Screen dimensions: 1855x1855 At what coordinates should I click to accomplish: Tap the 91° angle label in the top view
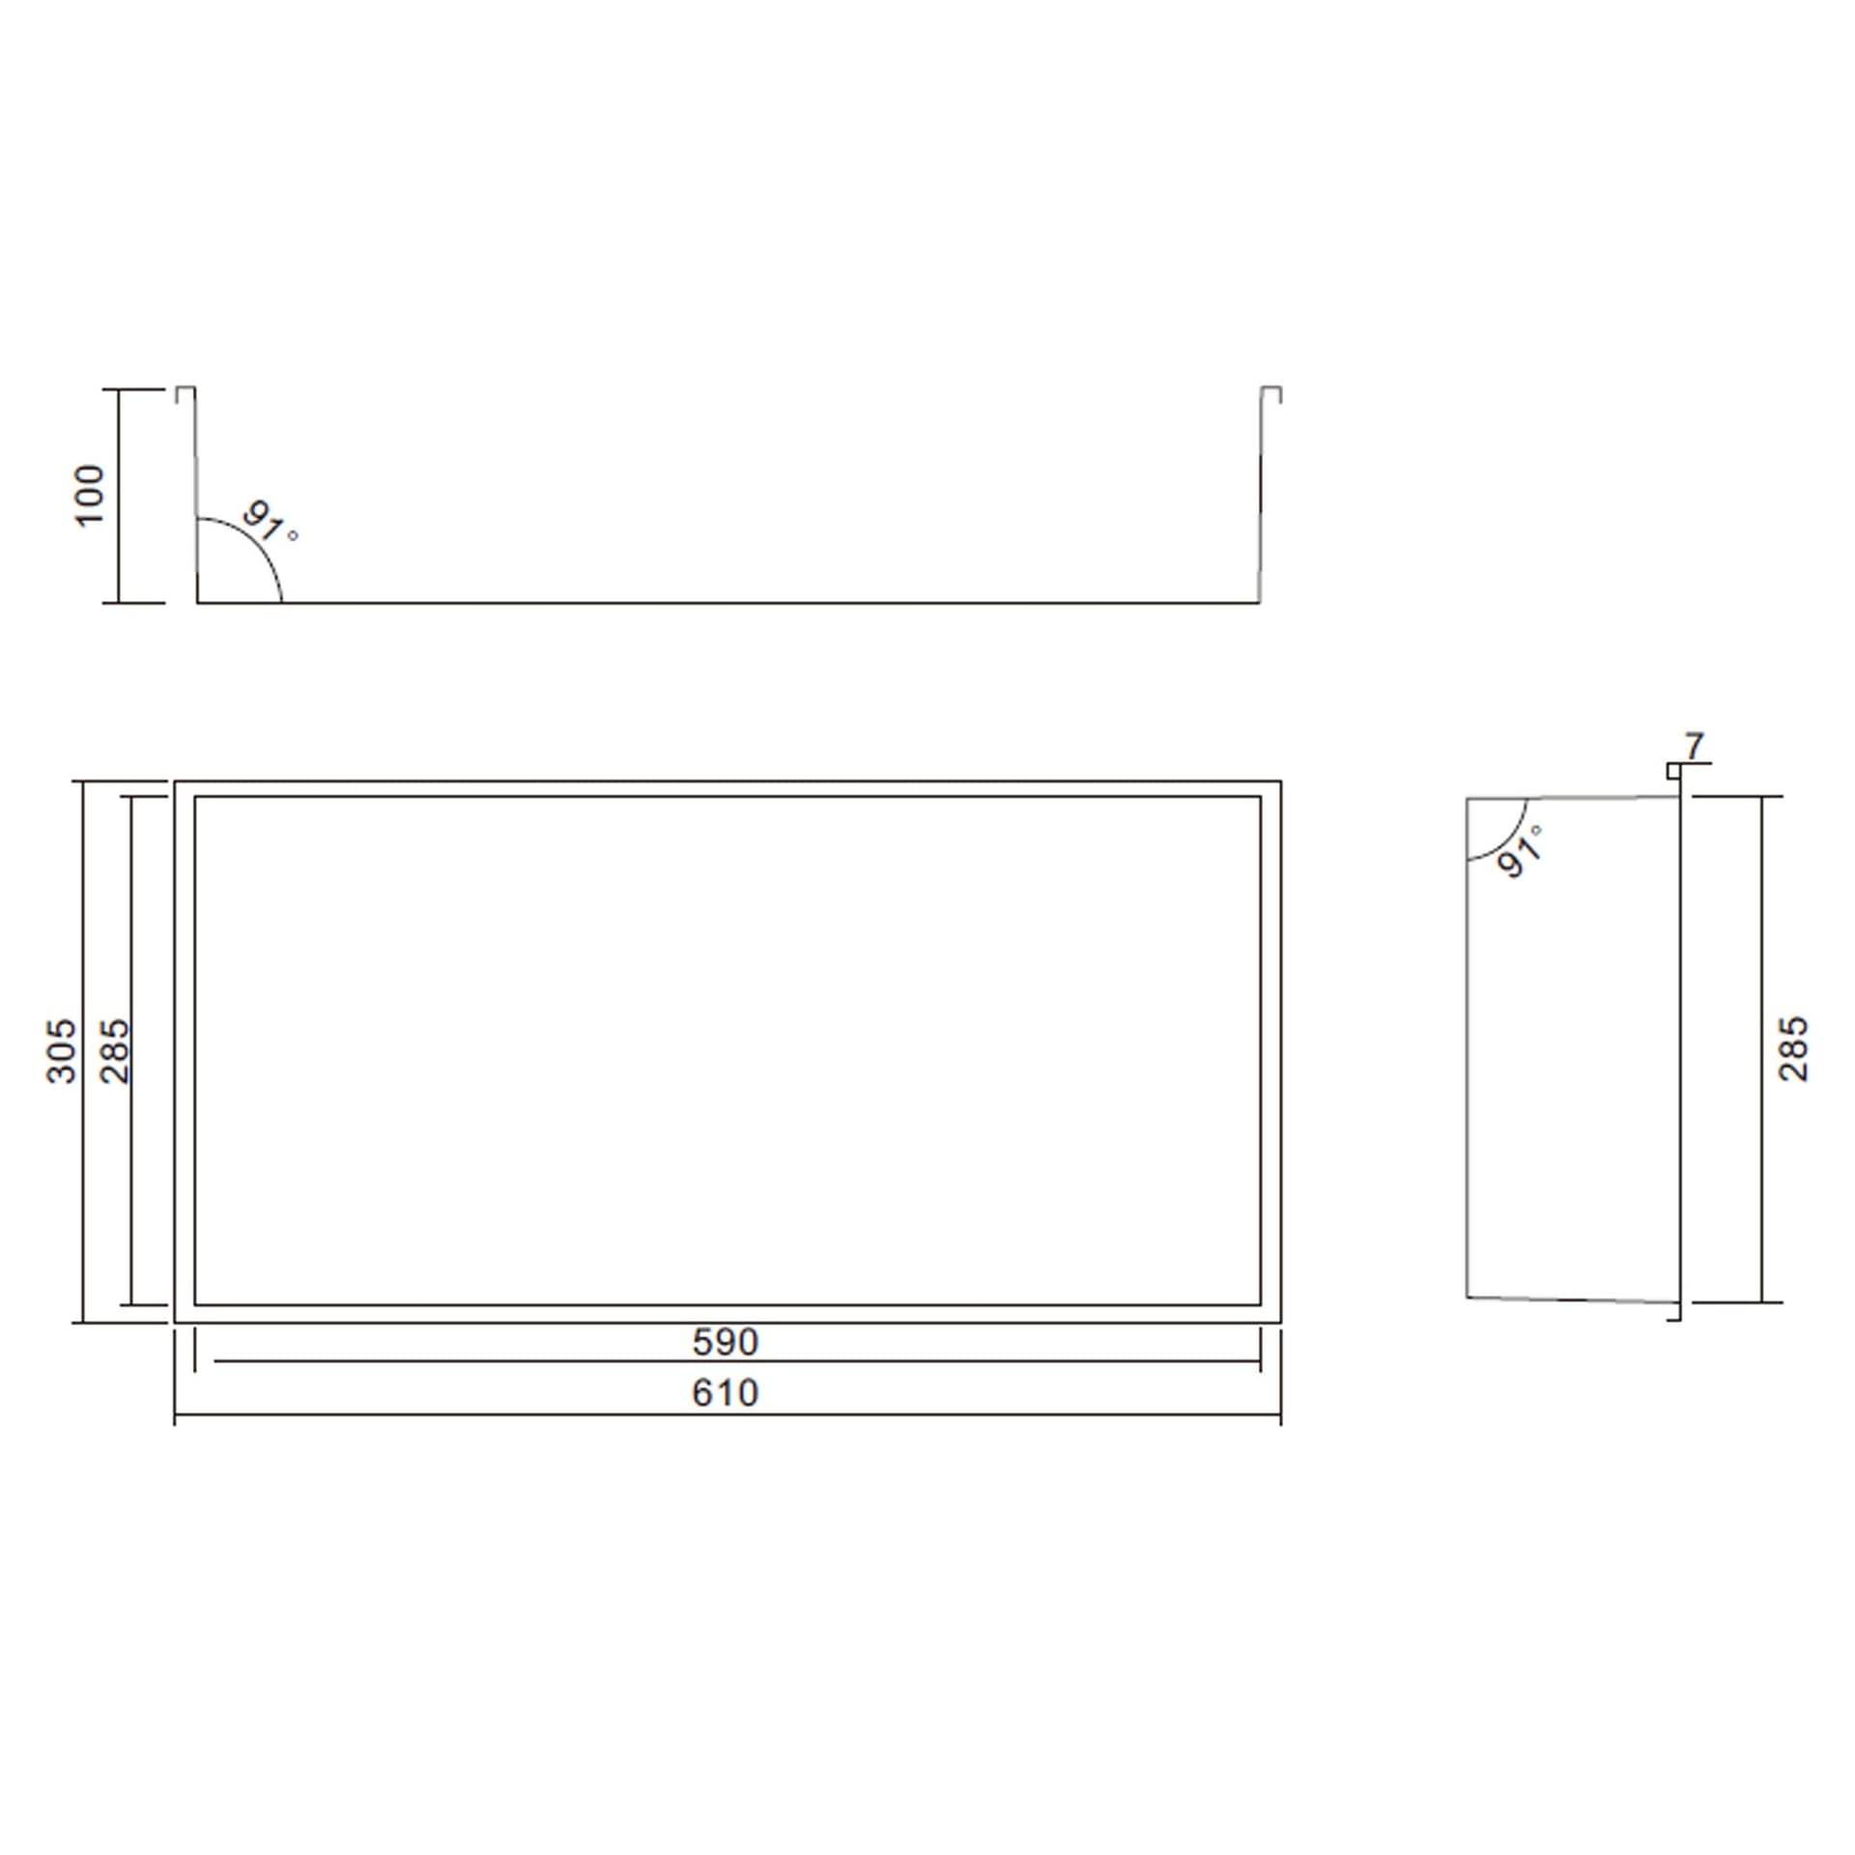(x=270, y=522)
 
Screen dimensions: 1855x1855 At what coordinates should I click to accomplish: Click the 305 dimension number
(x=62, y=1050)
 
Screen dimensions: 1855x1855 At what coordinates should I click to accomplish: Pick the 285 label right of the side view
(x=1792, y=1048)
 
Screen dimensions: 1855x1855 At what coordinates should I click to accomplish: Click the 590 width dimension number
(x=726, y=1342)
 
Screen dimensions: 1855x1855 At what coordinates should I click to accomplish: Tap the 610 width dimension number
(x=726, y=1392)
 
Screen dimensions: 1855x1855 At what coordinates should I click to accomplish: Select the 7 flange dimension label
(x=1695, y=747)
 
